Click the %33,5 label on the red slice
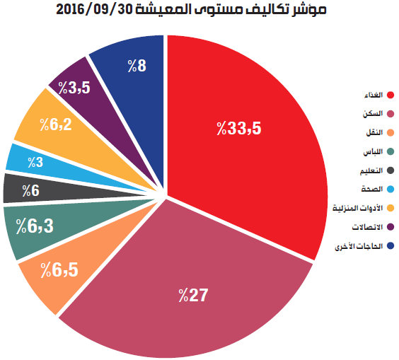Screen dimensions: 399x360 point(239,128)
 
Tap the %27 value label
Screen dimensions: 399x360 point(193,295)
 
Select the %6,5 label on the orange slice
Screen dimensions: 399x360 point(59,270)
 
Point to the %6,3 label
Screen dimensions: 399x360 point(35,226)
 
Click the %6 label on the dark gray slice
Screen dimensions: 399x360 point(31,190)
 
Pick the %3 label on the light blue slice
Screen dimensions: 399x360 point(35,162)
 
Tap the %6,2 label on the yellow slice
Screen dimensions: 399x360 point(56,124)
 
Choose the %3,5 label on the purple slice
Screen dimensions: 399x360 point(74,88)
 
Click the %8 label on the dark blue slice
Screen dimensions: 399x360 point(137,66)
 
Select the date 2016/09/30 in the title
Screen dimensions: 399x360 point(93,10)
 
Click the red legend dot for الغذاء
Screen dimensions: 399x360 point(391,95)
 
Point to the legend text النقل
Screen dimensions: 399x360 point(374,132)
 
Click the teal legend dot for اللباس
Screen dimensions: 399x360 point(391,151)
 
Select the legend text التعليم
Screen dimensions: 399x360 point(371,170)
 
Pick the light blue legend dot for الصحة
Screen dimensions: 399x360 point(391,190)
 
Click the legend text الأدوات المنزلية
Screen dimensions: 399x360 point(357,208)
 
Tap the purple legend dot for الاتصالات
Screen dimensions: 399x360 point(391,227)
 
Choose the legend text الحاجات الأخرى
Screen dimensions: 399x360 point(359,246)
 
